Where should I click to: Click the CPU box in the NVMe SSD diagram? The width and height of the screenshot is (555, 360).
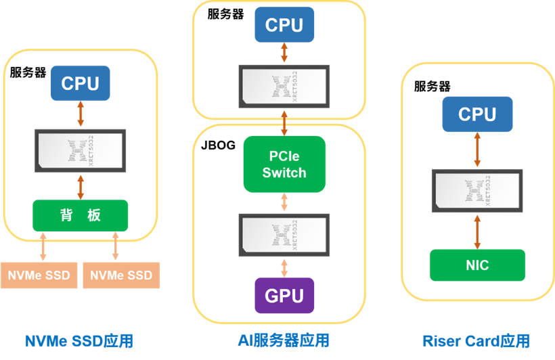click(x=80, y=83)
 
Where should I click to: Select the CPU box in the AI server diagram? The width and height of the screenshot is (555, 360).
click(x=284, y=25)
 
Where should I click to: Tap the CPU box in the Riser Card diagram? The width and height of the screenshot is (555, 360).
click(x=477, y=114)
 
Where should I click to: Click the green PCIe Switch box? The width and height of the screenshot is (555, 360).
click(x=284, y=164)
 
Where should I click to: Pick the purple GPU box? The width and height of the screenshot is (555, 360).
click(x=284, y=295)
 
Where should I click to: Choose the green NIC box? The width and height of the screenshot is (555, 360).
click(x=477, y=265)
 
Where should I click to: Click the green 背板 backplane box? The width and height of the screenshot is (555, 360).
click(x=80, y=215)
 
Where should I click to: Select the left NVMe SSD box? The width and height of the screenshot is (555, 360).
click(x=39, y=275)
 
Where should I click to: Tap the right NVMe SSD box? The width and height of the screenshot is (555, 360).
click(x=121, y=275)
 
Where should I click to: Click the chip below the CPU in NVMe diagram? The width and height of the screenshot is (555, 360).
click(x=80, y=150)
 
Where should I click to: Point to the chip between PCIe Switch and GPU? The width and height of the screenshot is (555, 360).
click(x=284, y=235)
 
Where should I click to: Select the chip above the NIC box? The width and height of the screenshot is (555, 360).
click(x=477, y=190)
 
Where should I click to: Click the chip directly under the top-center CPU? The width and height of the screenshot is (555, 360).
click(x=284, y=86)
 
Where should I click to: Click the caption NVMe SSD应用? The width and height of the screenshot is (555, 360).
click(x=79, y=340)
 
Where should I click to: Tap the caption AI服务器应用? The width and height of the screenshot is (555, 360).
click(x=284, y=340)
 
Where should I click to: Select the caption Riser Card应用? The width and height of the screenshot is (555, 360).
click(x=476, y=340)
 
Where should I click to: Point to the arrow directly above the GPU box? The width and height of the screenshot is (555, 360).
click(x=284, y=267)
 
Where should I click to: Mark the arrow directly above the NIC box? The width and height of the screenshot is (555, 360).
click(x=477, y=231)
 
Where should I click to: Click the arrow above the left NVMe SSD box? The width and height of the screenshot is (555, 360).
click(x=44, y=246)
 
